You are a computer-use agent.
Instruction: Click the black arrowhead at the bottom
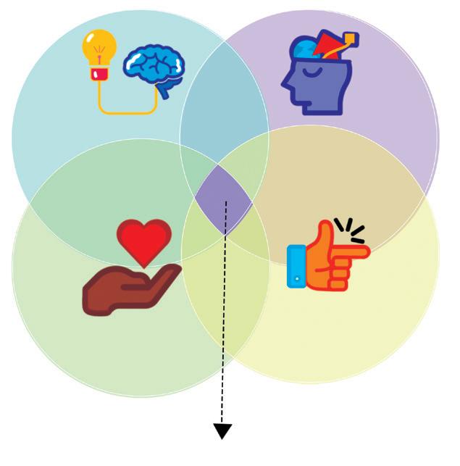[222, 431]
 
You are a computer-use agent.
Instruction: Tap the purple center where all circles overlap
[225, 198]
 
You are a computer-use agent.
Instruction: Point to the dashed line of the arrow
[225, 319]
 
